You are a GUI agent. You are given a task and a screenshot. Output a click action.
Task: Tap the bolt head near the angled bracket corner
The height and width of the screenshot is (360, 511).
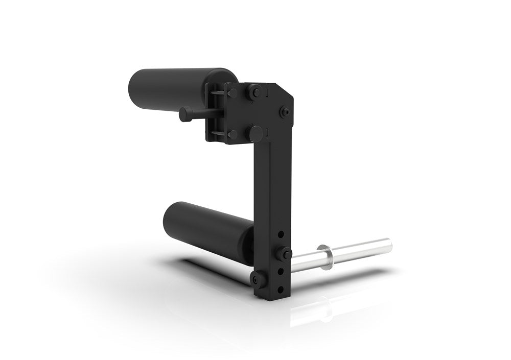pos(286,111)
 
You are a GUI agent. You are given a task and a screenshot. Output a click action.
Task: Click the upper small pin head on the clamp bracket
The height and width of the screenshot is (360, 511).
pos(232,93)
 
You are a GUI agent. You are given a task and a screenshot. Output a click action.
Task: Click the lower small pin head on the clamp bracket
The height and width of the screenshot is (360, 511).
pos(233,134)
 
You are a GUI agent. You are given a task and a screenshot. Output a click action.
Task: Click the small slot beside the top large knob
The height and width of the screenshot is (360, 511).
pos(267,93)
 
